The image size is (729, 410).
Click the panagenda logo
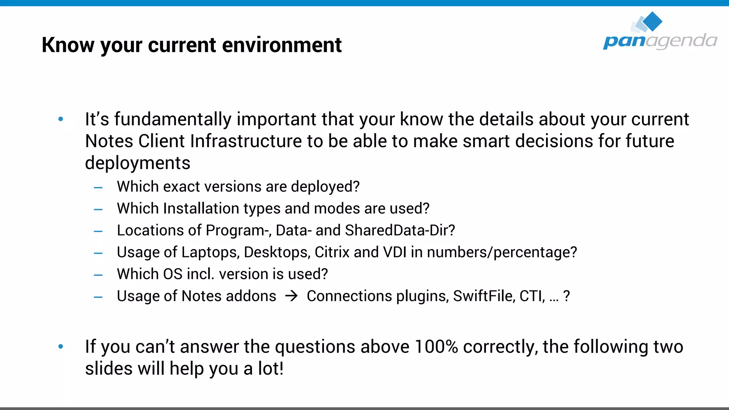tap(660, 32)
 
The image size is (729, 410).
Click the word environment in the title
tap(282, 45)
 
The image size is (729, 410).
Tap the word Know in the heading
tap(68, 45)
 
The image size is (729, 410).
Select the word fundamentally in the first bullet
tap(173, 119)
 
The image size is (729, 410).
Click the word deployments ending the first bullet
tap(137, 163)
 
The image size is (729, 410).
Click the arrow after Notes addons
tap(292, 296)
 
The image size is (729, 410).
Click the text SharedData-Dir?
tap(400, 231)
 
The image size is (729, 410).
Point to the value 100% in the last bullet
tap(436, 347)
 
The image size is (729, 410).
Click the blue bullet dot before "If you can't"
tap(61, 346)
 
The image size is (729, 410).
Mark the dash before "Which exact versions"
tap(98, 187)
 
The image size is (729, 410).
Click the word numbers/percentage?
tap(502, 252)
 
